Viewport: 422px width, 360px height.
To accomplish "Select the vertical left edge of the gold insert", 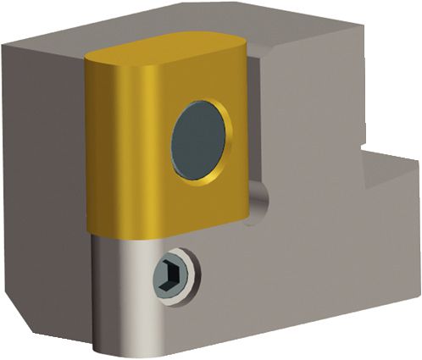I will click(88, 152).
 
